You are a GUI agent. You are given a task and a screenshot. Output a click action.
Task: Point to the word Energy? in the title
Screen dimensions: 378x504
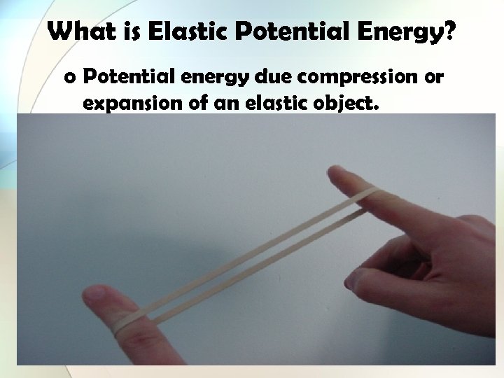click(x=406, y=32)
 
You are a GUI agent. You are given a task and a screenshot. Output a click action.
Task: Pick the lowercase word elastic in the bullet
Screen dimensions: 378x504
click(x=269, y=104)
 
